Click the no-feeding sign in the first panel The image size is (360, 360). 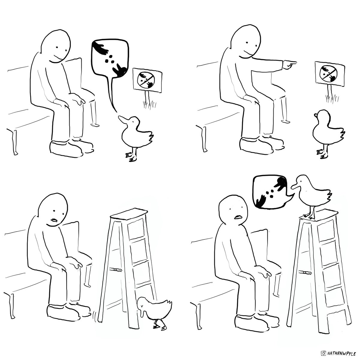point(147,80)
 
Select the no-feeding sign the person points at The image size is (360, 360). point(330,73)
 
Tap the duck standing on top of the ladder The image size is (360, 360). point(312,196)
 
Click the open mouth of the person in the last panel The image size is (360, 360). point(238,217)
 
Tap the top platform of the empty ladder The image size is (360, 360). point(129,213)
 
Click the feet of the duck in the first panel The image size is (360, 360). point(131,157)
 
